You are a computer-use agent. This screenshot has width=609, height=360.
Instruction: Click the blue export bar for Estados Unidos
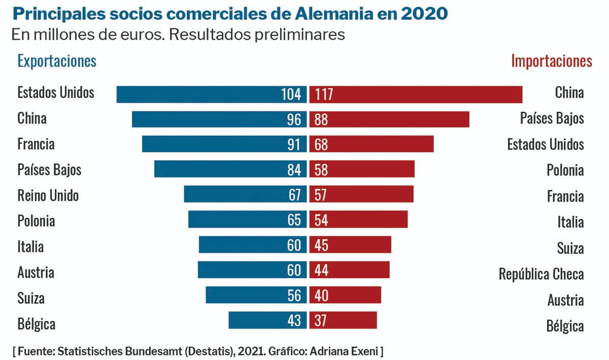tap(212, 94)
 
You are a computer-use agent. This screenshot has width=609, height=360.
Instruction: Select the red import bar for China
tap(416, 94)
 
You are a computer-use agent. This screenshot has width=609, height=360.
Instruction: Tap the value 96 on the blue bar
tap(294, 119)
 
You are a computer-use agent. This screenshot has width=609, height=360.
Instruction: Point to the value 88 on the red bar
tap(321, 119)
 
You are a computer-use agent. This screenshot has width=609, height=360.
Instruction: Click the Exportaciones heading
tap(57, 61)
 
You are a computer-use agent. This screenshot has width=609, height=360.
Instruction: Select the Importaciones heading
tap(551, 61)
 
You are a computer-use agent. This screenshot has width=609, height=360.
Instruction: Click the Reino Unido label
tap(48, 195)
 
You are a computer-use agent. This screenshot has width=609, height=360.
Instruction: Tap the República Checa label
tap(541, 274)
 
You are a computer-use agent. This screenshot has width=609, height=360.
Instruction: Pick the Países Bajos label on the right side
tap(552, 119)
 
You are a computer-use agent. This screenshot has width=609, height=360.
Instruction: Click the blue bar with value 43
tap(267, 320)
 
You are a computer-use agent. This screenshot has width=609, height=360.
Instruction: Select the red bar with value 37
tap(343, 320)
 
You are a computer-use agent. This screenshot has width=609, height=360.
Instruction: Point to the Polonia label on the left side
tap(36, 221)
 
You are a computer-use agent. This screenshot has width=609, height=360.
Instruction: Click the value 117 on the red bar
tap(324, 94)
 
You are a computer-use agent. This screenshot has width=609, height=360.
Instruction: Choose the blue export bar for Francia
tap(224, 144)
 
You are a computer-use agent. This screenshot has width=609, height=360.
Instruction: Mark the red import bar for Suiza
tap(350, 245)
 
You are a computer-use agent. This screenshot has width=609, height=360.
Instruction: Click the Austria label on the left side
tap(36, 273)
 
